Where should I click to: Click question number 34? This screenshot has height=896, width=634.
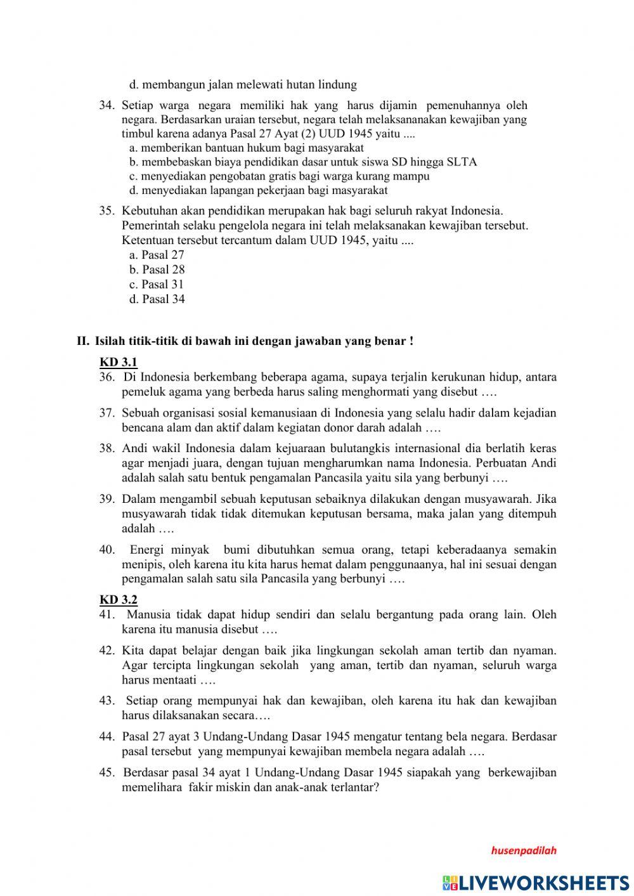click(106, 105)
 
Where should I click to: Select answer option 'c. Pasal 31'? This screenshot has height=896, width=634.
click(156, 285)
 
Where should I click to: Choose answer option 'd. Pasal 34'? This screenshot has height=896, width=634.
click(157, 299)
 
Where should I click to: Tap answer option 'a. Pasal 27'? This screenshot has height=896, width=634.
click(156, 255)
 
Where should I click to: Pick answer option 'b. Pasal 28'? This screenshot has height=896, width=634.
click(157, 269)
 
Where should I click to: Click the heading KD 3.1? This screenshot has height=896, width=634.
click(118, 362)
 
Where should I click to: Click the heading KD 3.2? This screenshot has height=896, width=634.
click(118, 599)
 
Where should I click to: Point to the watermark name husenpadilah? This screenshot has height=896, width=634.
click(523, 851)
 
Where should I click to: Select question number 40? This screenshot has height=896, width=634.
click(107, 550)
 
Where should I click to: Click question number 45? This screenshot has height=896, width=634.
click(107, 772)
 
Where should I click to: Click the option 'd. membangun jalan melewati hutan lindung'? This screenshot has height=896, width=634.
click(243, 84)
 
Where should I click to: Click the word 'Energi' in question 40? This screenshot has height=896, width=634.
click(148, 550)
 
